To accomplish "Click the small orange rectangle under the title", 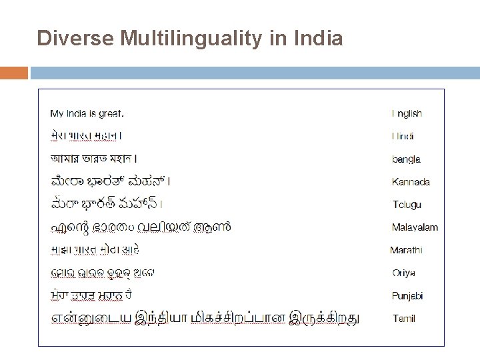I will (x=13, y=72).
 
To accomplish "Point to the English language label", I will (x=407, y=114).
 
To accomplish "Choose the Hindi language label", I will (x=403, y=137).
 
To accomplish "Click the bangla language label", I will (x=406, y=159).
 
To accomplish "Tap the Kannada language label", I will (x=411, y=182).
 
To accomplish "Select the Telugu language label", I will (x=407, y=205).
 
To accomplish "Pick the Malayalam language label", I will (x=415, y=227).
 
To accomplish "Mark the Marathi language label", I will (x=407, y=250).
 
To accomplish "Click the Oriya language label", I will (x=404, y=273).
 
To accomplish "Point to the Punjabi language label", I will (x=408, y=295).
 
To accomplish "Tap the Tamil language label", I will (x=404, y=319).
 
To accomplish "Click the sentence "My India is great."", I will (x=87, y=113).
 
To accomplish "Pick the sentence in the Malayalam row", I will (x=141, y=227).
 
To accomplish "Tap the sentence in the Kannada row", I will (x=110, y=181).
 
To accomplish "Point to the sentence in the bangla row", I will (x=94, y=159).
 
